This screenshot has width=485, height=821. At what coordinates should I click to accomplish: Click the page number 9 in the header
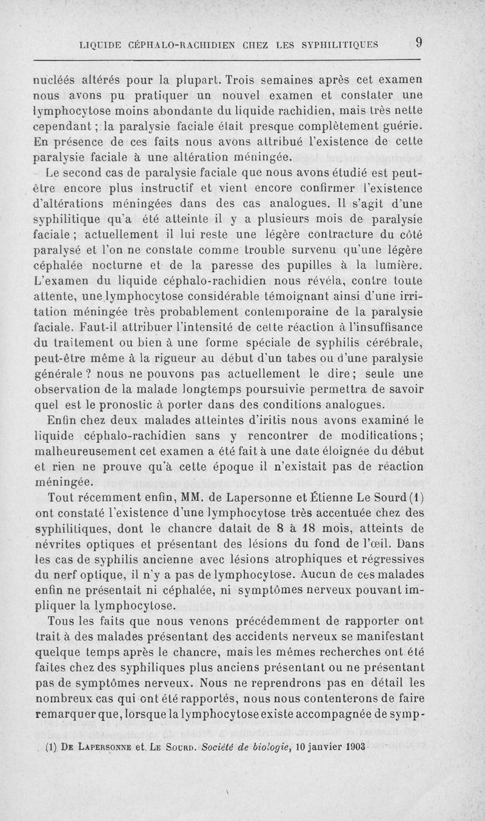click(418, 42)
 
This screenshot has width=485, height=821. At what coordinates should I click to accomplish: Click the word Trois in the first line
click(241, 80)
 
